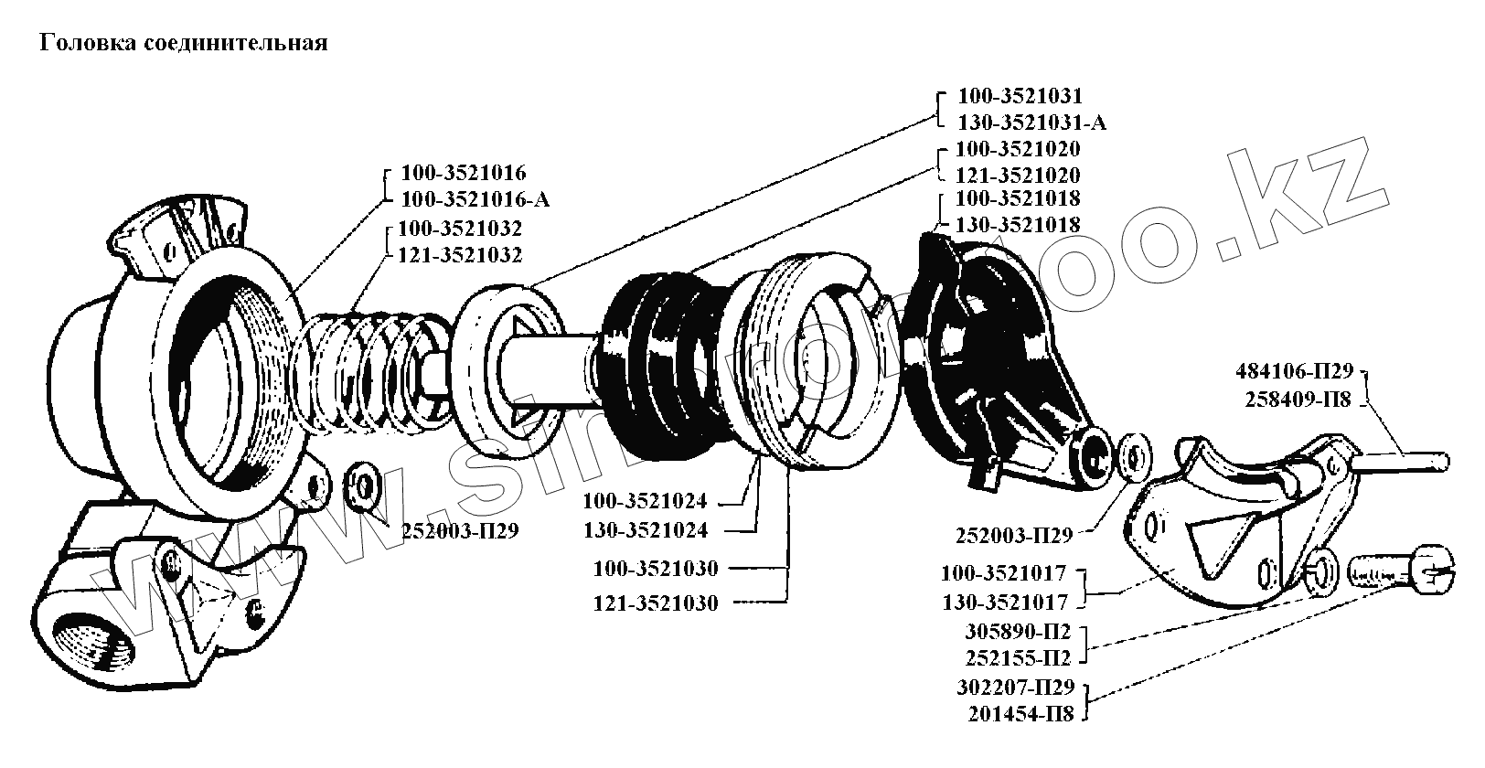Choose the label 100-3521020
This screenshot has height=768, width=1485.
tap(1018, 149)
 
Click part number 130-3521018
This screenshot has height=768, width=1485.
tap(1018, 224)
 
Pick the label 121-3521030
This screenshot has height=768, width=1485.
tap(656, 603)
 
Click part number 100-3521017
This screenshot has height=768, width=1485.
tap(1004, 574)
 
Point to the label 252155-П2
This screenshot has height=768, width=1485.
tap(1018, 658)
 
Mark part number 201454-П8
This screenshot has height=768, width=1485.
tap(1021, 714)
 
